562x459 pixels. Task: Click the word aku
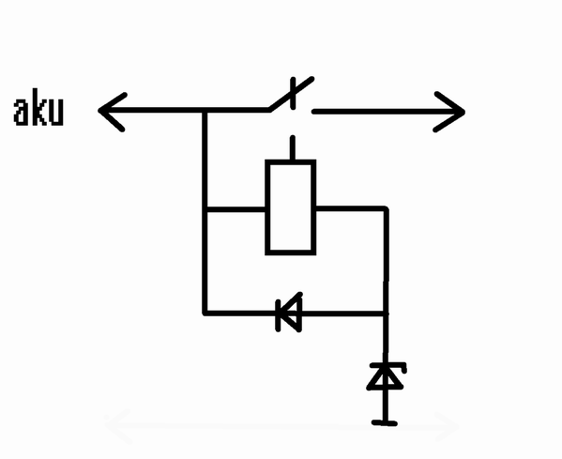tap(38, 107)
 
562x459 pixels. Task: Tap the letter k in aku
tap(38, 106)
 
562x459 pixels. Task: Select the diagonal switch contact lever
tap(292, 94)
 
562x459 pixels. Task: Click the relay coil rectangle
tap(290, 207)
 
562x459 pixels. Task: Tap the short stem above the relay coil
tap(293, 147)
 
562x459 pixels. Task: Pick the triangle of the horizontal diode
tap(292, 313)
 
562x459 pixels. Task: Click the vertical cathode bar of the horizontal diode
tap(278, 315)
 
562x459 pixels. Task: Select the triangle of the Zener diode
tap(386, 376)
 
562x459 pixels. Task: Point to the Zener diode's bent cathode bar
tap(388, 366)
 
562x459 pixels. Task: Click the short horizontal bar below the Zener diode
tap(385, 423)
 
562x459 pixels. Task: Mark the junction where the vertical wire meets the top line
tap(205, 111)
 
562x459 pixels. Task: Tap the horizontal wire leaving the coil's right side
tap(351, 208)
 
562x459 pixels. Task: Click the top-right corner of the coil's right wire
tap(386, 208)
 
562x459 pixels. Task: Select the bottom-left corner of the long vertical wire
tap(205, 314)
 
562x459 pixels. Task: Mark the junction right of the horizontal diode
tap(386, 314)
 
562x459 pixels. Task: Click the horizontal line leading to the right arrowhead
tap(387, 112)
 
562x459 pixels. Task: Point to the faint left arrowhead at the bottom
tap(116, 425)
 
